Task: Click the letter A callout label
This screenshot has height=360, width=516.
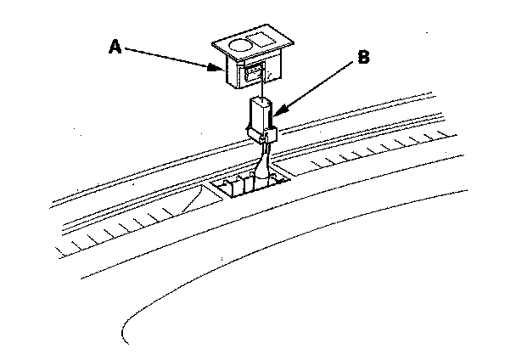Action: (115, 48)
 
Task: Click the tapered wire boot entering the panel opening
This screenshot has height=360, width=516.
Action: (261, 165)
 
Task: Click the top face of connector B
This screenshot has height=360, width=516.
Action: (260, 103)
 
